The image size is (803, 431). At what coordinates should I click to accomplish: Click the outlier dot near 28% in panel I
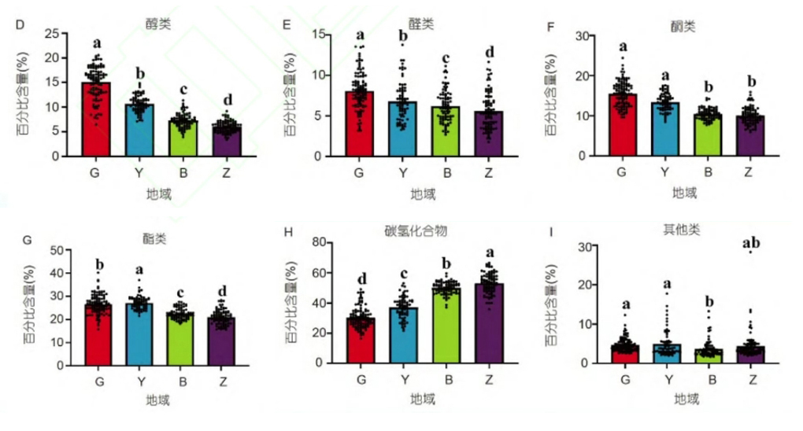[750, 252]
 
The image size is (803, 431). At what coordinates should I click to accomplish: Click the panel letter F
[551, 26]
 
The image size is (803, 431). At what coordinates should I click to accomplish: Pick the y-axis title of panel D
[21, 94]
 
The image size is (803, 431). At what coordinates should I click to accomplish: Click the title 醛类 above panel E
[423, 24]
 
